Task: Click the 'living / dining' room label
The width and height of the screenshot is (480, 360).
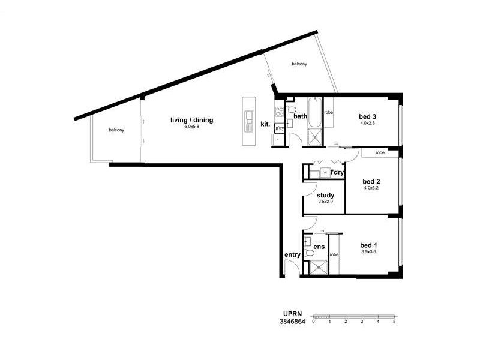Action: coord(191,120)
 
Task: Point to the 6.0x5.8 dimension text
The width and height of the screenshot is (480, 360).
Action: coord(191,127)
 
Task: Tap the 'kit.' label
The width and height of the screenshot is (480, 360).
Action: coord(265,124)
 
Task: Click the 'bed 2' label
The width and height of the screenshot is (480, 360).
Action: coord(372,181)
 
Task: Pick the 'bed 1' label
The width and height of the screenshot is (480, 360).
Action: coord(368,245)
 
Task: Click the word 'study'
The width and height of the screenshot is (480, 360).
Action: coord(325,196)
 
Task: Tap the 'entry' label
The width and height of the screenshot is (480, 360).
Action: coord(292,255)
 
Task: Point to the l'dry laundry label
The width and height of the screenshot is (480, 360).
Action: coord(337,173)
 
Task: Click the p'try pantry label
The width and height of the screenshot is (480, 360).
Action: coord(279,128)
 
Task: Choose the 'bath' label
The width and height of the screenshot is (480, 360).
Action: coord(300,116)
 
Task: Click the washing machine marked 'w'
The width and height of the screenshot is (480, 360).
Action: coord(325,173)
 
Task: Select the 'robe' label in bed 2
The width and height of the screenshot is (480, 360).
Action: coord(380,153)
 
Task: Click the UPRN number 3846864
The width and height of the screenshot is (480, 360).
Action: coord(293,322)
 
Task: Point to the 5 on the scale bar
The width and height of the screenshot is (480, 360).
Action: coord(394,322)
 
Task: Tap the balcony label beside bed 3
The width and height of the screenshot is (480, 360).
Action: coord(300,64)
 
